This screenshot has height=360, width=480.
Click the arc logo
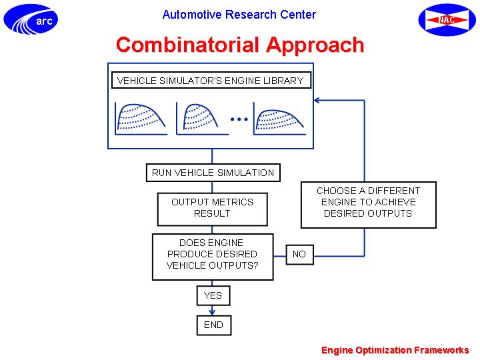[x=31, y=19]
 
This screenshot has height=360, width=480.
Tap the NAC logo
[x=447, y=20]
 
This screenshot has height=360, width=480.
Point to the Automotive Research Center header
[x=239, y=15]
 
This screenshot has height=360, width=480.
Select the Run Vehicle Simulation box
[x=213, y=173]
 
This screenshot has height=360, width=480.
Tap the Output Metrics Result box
[x=213, y=209]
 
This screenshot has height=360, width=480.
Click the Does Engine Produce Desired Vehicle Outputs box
[x=213, y=257]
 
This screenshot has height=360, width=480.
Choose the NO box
[x=300, y=255]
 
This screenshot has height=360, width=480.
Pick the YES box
[x=213, y=295]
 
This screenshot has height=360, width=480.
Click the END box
[x=214, y=325]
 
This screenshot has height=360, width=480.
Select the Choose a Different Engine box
[x=368, y=205]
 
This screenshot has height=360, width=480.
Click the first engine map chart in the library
[x=141, y=119]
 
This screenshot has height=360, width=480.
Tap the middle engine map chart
[x=202, y=119]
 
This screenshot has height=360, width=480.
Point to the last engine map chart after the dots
[x=279, y=119]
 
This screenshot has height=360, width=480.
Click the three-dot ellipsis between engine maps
[x=239, y=119]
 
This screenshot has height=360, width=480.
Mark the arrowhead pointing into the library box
[x=317, y=100]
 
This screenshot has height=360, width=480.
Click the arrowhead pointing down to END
[x=212, y=313]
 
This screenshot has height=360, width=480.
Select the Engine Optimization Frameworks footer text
[x=395, y=350]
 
